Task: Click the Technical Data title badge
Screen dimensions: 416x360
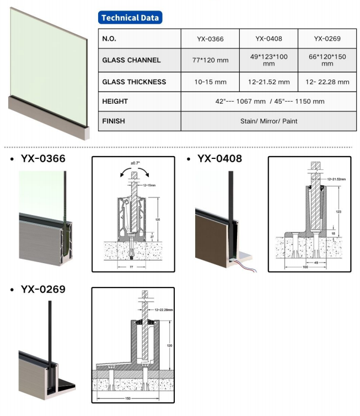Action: pos(131,18)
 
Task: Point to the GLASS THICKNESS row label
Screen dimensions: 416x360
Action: pos(134,82)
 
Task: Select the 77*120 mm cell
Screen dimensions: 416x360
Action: pos(210,60)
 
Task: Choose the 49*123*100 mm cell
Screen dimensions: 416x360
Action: pos(268,60)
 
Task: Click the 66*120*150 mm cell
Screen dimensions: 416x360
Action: pos(327,60)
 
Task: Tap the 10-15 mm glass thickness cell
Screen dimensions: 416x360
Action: pos(210,82)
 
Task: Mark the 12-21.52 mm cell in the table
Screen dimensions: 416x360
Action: pos(268,82)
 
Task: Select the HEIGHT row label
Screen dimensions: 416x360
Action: pos(115,102)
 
